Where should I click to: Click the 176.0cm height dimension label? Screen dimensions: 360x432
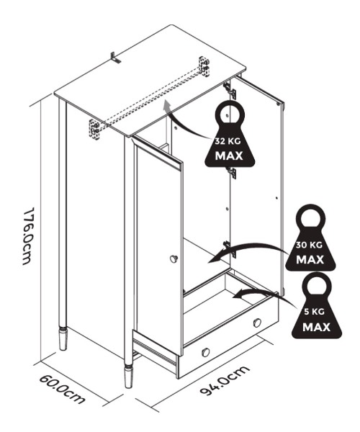coord(28,236)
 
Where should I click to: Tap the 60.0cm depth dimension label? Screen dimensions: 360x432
coord(62,389)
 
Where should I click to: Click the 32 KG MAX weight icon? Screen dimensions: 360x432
coord(230,134)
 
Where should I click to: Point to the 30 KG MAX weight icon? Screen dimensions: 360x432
coord(310,238)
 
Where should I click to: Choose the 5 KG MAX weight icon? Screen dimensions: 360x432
coord(317,305)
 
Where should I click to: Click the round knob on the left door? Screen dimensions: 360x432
coord(174,259)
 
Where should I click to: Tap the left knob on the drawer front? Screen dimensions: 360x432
coord(206,352)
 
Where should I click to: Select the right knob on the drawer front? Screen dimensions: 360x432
coord(257,323)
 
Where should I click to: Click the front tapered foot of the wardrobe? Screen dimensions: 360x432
coord(128,377)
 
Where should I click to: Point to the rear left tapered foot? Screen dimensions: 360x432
coord(63,338)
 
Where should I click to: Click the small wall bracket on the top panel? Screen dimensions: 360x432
coord(115,58)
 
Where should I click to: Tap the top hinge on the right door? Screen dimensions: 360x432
coord(230,91)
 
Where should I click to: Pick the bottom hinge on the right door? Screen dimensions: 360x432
coord(230,249)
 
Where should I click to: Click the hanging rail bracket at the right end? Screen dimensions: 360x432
coord(204,66)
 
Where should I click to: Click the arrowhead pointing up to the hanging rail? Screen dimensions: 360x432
coord(166,105)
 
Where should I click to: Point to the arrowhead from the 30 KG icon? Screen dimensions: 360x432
coord(213,259)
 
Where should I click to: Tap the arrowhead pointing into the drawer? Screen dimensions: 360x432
coord(238,294)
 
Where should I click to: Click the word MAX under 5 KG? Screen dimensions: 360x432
coord(316,328)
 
